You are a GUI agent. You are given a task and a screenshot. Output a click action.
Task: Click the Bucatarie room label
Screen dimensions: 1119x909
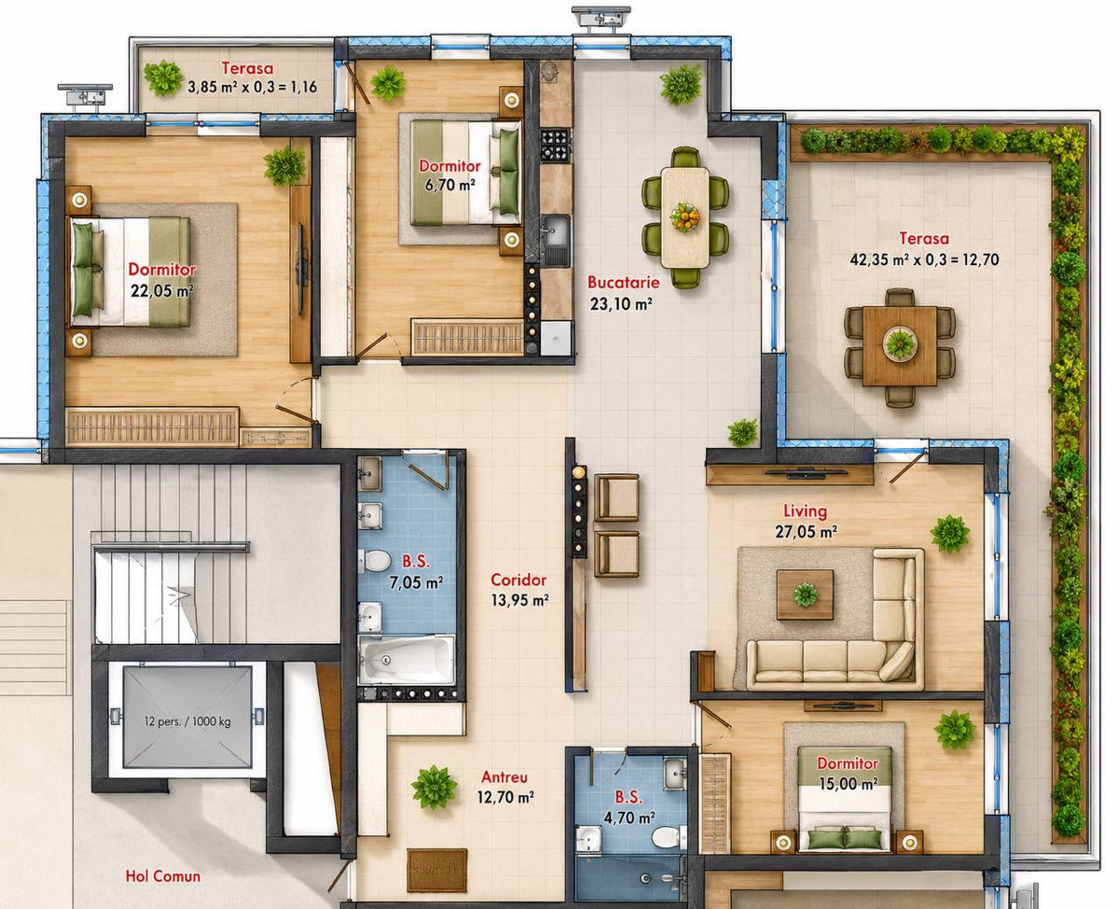pos(623,283)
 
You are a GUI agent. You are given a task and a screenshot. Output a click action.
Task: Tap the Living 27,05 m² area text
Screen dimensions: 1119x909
pos(806,521)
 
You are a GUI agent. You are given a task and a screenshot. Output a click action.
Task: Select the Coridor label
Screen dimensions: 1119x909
pos(518,580)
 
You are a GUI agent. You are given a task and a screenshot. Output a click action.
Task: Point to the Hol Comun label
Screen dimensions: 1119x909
pos(163,876)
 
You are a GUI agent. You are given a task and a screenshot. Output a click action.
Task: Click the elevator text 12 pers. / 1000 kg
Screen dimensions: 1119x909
pos(187,721)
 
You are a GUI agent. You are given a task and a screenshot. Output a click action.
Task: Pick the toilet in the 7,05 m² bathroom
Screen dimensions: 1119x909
pos(375,562)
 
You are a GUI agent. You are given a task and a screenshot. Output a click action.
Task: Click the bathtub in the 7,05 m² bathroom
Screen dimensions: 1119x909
pos(406,659)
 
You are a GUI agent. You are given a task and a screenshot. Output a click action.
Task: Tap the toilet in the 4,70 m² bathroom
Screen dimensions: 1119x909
pos(670,837)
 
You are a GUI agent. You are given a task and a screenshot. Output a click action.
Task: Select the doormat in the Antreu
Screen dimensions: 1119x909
pos(437,870)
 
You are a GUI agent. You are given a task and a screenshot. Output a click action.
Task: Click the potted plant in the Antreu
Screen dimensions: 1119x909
pos(434,787)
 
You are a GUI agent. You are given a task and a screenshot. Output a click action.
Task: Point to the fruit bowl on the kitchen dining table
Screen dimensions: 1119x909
pos(684,217)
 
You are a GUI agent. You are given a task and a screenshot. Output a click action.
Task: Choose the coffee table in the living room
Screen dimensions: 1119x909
pos(805,594)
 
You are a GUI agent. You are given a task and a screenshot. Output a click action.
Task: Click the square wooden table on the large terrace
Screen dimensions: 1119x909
pos(900,346)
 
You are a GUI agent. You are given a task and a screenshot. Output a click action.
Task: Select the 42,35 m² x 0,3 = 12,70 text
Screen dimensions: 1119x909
pos(924,259)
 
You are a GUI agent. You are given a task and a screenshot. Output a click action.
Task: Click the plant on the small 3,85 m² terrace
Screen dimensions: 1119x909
pos(163,78)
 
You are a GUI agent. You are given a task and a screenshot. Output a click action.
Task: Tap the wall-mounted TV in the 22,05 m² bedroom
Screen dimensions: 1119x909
pos(302,270)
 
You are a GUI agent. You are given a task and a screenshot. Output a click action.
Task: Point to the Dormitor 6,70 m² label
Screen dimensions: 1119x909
pos(449,175)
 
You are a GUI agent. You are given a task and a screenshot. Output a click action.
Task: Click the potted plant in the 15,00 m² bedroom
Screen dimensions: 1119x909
pos(955,730)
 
